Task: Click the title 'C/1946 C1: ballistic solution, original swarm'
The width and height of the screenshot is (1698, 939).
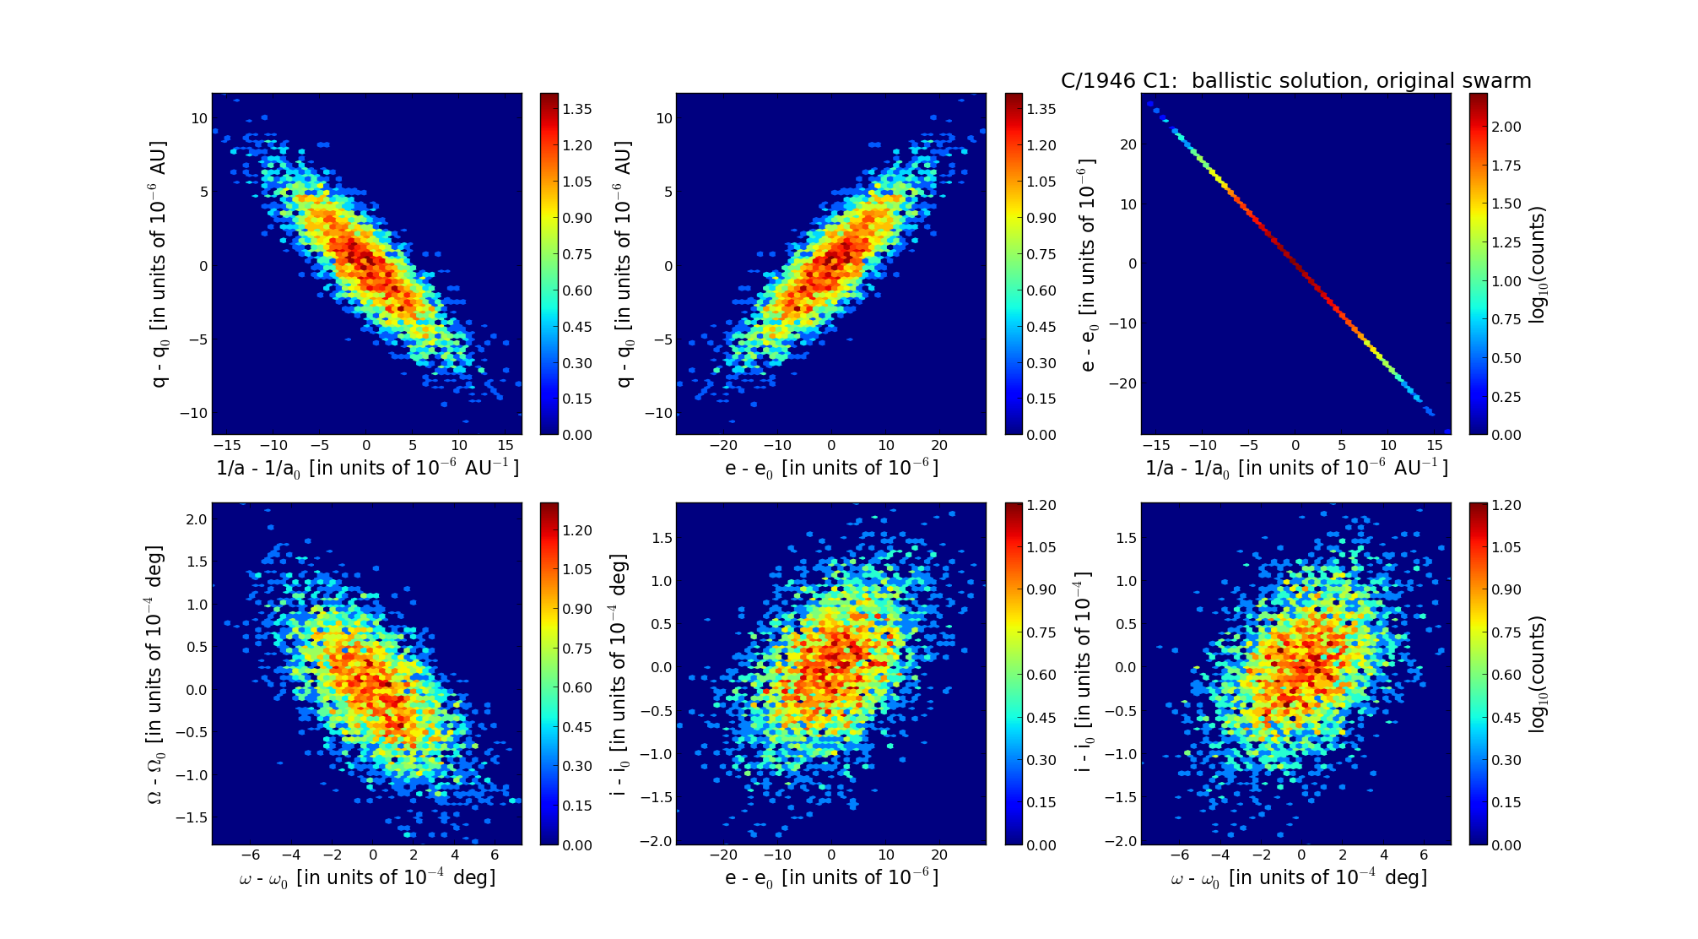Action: pyautogui.click(x=1295, y=81)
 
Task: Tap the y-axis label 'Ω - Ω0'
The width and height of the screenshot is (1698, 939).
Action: pyautogui.click(x=154, y=674)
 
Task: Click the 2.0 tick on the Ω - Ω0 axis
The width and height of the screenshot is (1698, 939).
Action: pyautogui.click(x=197, y=519)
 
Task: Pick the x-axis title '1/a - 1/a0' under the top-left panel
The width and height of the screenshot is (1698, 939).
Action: pyautogui.click(x=367, y=468)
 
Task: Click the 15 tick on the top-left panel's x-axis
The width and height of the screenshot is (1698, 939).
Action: pyautogui.click(x=505, y=445)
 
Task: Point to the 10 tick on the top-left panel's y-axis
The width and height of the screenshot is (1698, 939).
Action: pyautogui.click(x=199, y=118)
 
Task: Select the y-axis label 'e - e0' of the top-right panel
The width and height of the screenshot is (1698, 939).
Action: pyautogui.click(x=1088, y=263)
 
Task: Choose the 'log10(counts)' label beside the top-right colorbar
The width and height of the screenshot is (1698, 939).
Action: pyautogui.click(x=1538, y=263)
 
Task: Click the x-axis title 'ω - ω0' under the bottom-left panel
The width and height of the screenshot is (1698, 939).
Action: pyautogui.click(x=367, y=878)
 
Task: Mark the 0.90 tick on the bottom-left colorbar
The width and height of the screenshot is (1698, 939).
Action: pyautogui.click(x=578, y=609)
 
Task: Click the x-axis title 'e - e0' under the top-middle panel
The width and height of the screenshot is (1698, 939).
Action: pyautogui.click(x=831, y=468)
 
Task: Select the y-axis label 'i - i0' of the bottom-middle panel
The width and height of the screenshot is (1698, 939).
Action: pyautogui.click(x=619, y=674)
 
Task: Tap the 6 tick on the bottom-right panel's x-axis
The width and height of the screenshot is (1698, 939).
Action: pyautogui.click(x=1424, y=855)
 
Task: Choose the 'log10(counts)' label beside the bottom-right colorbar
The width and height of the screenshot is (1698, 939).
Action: pyautogui.click(x=1538, y=674)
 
